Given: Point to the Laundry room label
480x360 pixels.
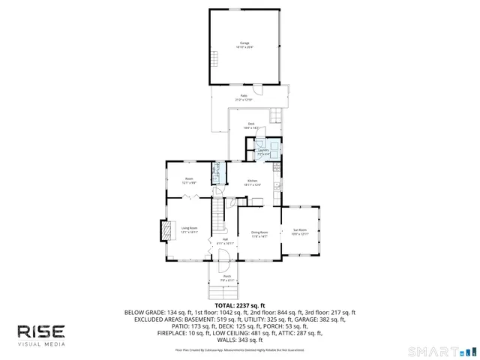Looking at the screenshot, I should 263,151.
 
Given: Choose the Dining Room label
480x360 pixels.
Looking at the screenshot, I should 259,234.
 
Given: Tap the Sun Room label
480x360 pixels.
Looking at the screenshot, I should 299,232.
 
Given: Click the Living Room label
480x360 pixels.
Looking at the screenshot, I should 189,229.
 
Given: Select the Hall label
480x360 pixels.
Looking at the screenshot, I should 225,241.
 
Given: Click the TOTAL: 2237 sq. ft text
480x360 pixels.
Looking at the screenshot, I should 240,305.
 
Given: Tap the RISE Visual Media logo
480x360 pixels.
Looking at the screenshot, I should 42,334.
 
